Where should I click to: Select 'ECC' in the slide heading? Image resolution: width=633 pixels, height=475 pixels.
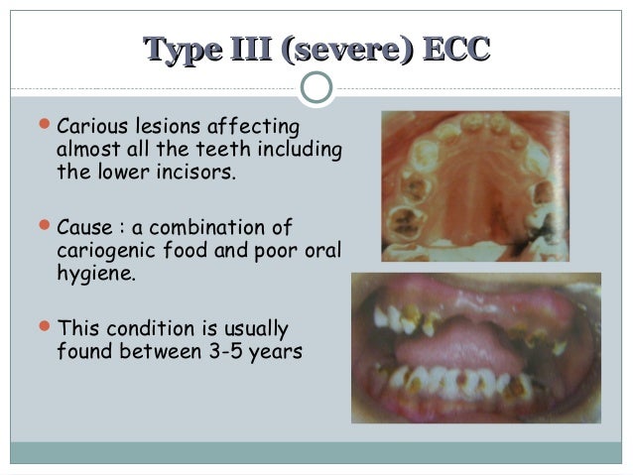[454, 49]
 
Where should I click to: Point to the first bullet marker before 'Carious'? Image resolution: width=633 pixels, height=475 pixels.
[43, 127]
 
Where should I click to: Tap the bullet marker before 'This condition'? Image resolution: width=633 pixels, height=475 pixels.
[43, 326]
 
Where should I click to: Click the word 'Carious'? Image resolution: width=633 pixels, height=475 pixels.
[93, 128]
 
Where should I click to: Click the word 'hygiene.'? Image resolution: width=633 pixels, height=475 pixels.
[95, 275]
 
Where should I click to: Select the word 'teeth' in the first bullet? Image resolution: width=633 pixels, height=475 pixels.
[220, 151]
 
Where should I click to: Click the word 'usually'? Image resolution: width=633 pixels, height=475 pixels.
[253, 327]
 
